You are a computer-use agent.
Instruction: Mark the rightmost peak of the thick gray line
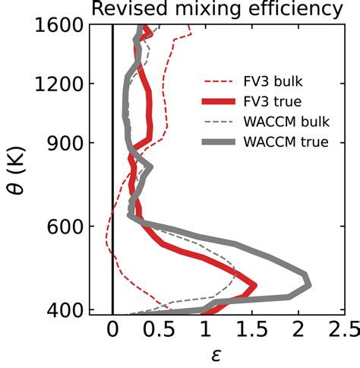(x=308, y=283)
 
